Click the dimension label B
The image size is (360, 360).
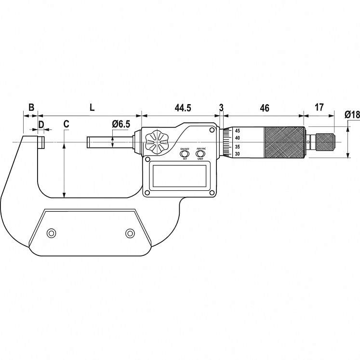(x=31, y=107)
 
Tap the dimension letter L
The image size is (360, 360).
(x=92, y=107)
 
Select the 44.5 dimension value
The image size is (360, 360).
(x=183, y=107)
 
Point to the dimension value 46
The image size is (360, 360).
(x=264, y=107)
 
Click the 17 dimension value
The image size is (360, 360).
(x=319, y=107)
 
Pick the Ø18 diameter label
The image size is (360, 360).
(x=352, y=115)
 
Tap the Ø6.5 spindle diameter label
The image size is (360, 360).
(x=120, y=124)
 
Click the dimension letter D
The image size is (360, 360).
(x=41, y=124)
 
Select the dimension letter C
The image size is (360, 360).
(x=66, y=124)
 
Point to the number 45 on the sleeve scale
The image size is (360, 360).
(x=237, y=131)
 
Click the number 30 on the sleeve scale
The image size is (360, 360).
(x=237, y=154)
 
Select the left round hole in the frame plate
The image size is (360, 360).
(x=51, y=234)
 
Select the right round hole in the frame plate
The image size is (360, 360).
(x=129, y=234)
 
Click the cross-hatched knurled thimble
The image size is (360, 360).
(x=284, y=142)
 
